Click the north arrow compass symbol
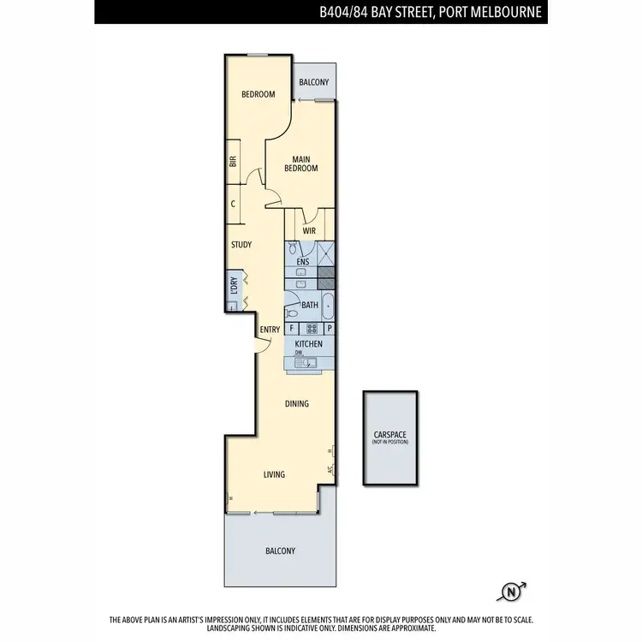pos(513,591)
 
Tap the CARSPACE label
pos(390,435)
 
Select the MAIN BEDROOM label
pos(304,163)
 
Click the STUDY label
pos(241,245)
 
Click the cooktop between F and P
pos(312,328)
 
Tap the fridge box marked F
pos(293,328)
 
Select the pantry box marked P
pos(329,328)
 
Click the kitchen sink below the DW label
pos(306,363)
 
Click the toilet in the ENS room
pos(293,251)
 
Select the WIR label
pos(310,229)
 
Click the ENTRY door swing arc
pos(259,344)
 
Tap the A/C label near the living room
pos(330,469)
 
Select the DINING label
pos(297,404)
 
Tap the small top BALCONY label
pos(313,82)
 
